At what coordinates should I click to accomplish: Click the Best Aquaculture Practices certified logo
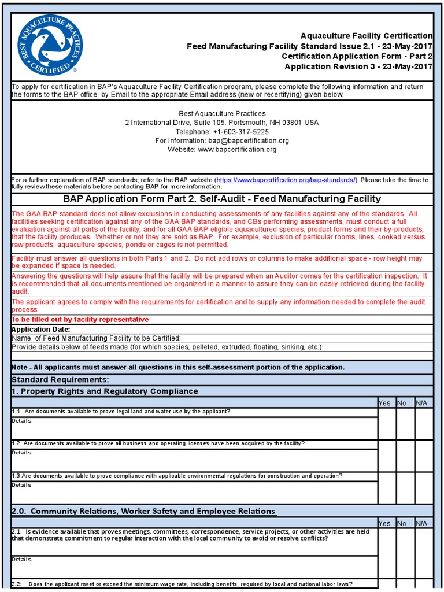tap(50, 45)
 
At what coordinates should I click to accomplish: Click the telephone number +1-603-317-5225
tap(222, 132)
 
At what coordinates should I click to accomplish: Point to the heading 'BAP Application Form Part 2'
tap(222, 199)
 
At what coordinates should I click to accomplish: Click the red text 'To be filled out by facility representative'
tap(80, 320)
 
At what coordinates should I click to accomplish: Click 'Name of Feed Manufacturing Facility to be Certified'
tap(97, 338)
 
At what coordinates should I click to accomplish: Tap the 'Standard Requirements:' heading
tap(60, 379)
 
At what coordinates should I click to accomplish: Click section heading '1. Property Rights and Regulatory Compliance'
tap(105, 391)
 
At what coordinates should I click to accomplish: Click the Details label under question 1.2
tap(21, 453)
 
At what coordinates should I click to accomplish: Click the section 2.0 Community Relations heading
tap(143, 511)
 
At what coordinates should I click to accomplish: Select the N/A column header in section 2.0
tap(422, 523)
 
